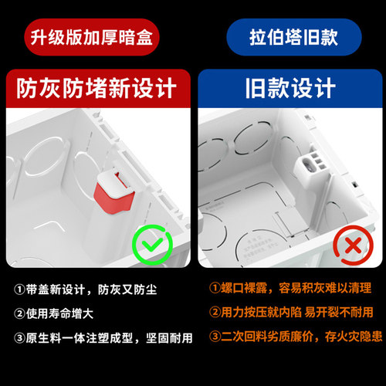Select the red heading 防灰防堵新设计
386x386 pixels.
96,88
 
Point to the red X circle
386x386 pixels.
350,245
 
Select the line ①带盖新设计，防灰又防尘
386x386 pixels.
94,289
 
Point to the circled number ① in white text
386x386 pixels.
19,289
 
